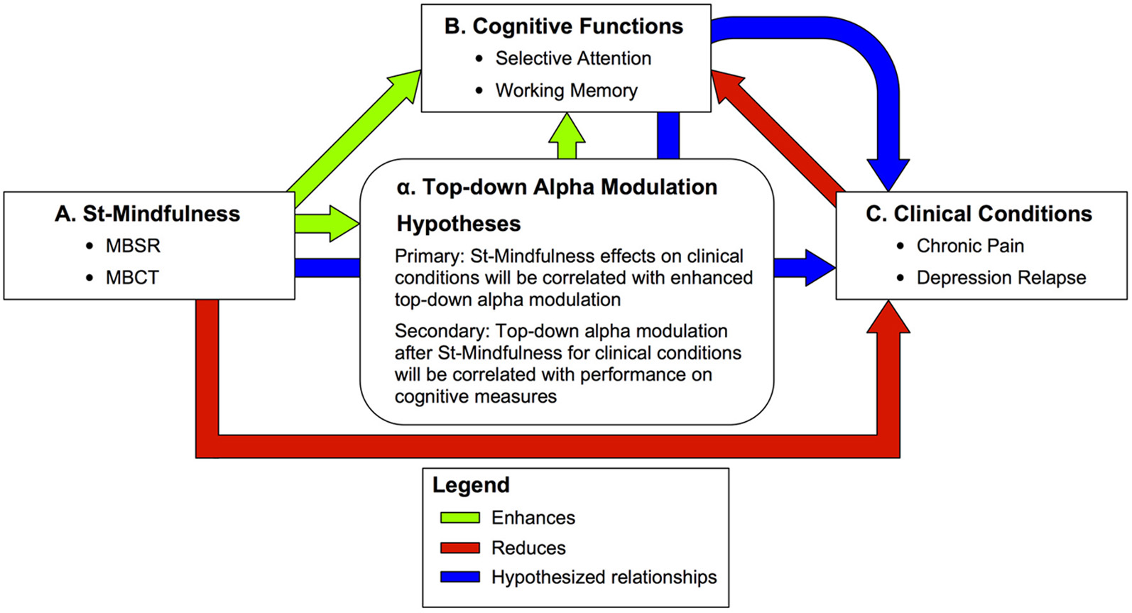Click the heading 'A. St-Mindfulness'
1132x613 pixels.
[x=148, y=214]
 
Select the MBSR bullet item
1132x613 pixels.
[x=133, y=246]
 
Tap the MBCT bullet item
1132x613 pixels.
[x=132, y=278]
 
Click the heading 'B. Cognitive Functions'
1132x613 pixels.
[x=564, y=26]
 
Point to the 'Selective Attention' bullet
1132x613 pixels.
[x=572, y=58]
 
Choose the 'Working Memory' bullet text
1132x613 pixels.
[x=566, y=90]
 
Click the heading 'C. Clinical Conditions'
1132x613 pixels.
[x=979, y=214]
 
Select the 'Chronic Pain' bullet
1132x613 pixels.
[x=970, y=246]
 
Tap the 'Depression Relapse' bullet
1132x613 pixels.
[x=1001, y=278]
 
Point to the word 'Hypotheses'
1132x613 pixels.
[x=459, y=224]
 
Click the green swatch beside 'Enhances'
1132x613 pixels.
[x=460, y=518]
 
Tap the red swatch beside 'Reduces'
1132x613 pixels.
[x=460, y=548]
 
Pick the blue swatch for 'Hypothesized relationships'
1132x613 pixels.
[x=460, y=577]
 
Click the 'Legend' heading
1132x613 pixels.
[x=471, y=485]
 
